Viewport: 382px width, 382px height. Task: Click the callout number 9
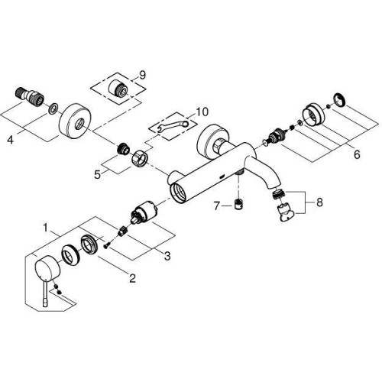click(x=142, y=75)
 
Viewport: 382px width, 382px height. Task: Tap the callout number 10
click(x=202, y=112)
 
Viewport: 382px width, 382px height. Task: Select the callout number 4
click(x=10, y=140)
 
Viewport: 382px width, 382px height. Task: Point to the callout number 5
click(x=98, y=175)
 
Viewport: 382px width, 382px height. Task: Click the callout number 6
click(x=357, y=154)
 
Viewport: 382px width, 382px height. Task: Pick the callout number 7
click(x=216, y=206)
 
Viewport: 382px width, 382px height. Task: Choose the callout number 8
click(x=319, y=202)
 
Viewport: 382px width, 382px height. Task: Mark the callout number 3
click(x=167, y=256)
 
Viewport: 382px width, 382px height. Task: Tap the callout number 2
click(x=132, y=278)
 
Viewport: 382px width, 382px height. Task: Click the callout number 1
click(x=46, y=228)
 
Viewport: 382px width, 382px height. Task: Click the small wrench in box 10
click(x=173, y=126)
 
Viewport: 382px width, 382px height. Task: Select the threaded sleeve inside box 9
click(x=119, y=89)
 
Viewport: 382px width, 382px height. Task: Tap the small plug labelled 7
click(x=238, y=204)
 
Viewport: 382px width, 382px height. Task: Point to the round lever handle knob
click(x=47, y=268)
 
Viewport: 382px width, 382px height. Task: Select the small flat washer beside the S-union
click(x=53, y=108)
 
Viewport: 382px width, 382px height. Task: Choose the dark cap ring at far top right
click(x=340, y=99)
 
